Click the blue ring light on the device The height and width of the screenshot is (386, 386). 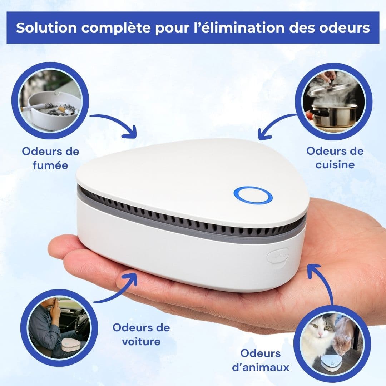click(x=253, y=195)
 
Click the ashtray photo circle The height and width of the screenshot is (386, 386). click(x=50, y=100)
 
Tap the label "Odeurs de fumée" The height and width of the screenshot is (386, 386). click(x=50, y=158)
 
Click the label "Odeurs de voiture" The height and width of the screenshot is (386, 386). click(x=141, y=334)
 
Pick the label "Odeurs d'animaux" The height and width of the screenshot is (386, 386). click(x=264, y=360)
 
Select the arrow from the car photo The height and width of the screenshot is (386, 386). click(x=118, y=289)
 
